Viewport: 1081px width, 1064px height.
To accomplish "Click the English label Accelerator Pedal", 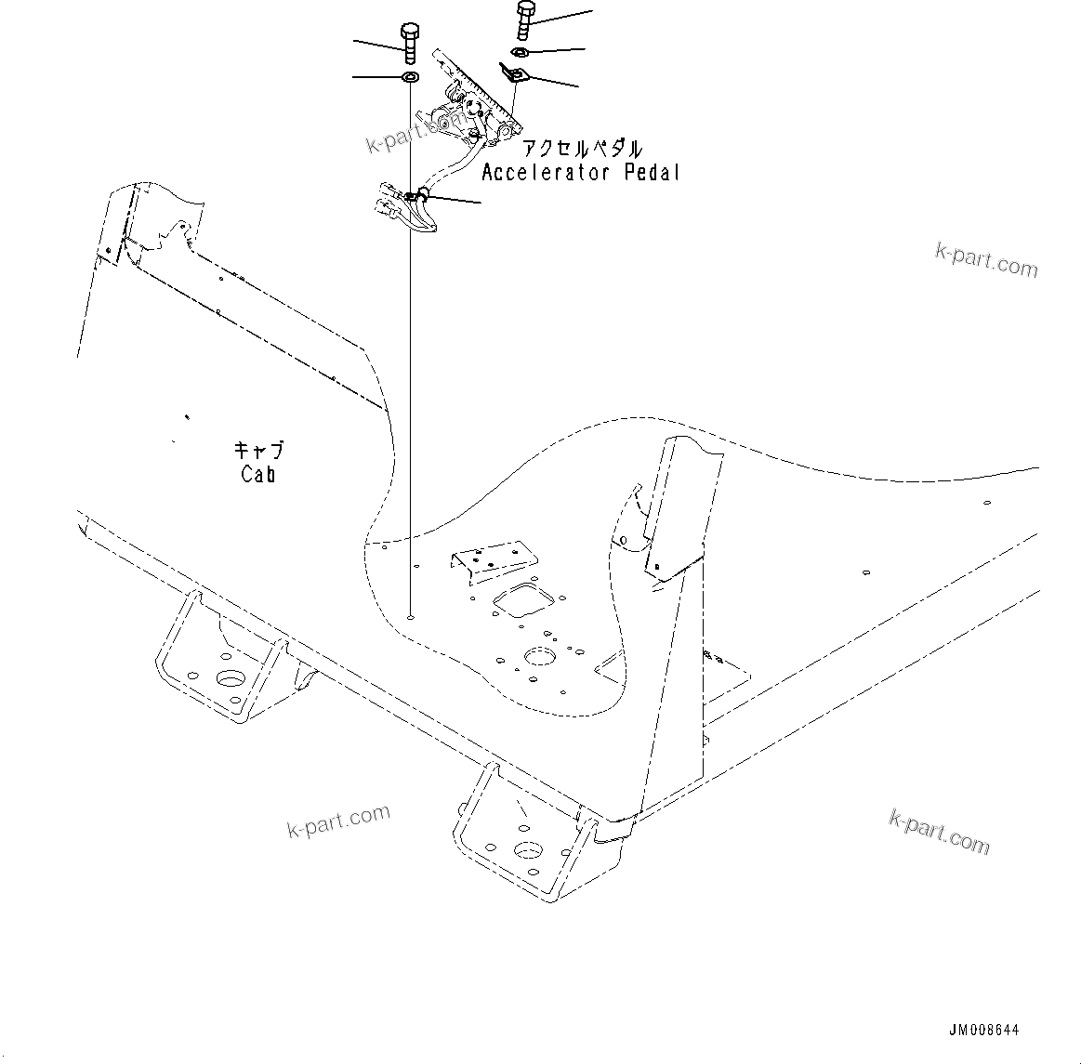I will point(580,173).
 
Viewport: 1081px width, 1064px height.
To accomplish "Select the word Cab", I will point(257,474).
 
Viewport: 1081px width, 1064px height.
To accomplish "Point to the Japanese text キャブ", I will point(257,452).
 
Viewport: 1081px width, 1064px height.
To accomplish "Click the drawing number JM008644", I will point(983,1031).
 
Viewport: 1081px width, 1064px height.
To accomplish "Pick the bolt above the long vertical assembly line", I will point(410,43).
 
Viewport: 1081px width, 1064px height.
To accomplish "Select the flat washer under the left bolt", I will point(409,75).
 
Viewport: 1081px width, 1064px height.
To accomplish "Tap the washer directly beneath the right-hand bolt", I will point(521,51).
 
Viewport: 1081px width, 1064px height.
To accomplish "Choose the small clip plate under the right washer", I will point(512,73).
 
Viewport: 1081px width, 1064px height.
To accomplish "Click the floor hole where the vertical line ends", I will point(410,614).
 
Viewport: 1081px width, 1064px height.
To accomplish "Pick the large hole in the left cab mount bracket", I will point(229,677).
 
